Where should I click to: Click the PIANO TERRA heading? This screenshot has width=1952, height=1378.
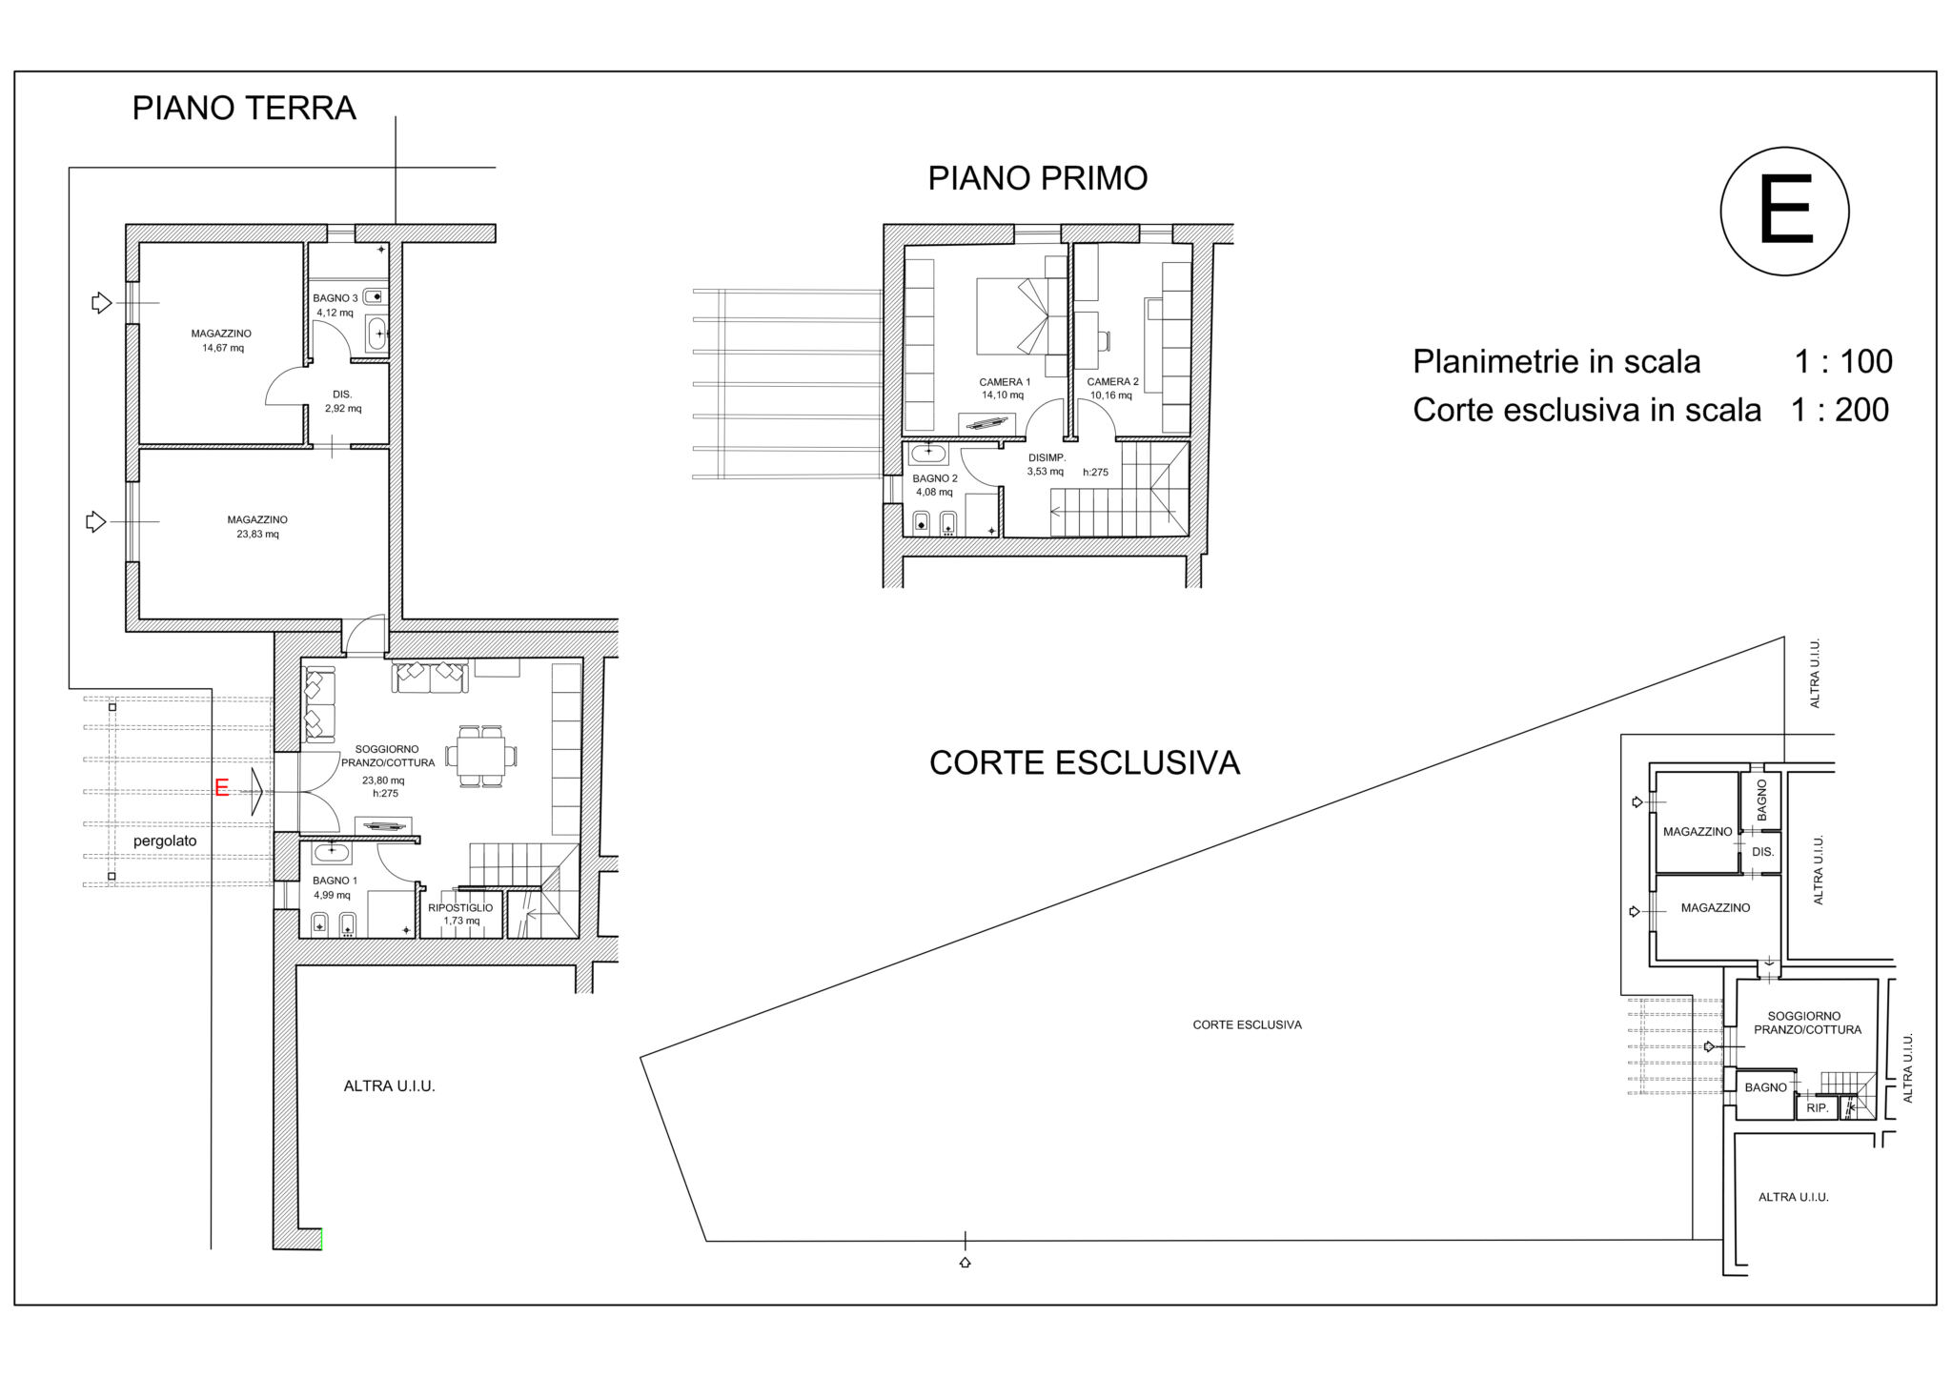244,109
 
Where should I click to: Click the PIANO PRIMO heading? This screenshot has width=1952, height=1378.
1038,178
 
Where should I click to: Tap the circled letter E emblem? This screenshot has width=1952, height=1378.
1784,212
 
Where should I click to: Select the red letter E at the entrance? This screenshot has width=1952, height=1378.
222,788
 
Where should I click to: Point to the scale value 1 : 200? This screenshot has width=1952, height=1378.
1840,410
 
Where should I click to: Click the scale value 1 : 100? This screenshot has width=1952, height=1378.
1843,362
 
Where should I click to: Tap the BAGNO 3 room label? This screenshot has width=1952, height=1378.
335,298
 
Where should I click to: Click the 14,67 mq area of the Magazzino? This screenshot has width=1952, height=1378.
223,349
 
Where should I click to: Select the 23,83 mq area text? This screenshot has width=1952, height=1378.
257,535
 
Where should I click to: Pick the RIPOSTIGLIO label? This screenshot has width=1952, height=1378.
460,908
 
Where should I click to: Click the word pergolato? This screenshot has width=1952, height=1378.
165,841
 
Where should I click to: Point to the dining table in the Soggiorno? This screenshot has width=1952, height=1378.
481,757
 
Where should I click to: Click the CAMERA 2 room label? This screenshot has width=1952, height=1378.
1113,382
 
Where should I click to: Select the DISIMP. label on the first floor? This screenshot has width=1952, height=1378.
1047,458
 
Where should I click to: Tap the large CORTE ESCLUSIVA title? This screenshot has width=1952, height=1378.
1085,763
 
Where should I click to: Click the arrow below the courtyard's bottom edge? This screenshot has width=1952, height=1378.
965,1263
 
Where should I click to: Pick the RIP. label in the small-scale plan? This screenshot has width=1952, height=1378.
1817,1108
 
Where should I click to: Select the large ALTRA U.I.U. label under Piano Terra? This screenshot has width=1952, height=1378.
390,1086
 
